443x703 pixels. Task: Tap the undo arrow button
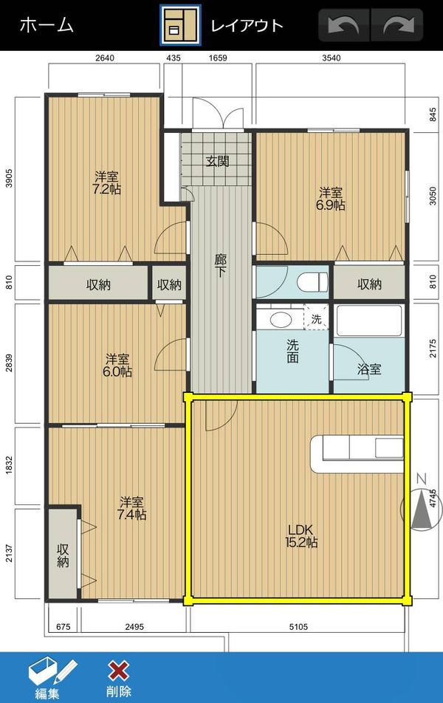(x=343, y=25)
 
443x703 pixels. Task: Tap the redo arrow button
(x=397, y=25)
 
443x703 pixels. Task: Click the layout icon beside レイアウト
(x=180, y=25)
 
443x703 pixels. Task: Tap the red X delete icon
(x=118, y=671)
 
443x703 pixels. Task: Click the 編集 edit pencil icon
(x=52, y=672)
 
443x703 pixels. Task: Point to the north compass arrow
(x=422, y=509)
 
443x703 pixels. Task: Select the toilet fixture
(x=312, y=282)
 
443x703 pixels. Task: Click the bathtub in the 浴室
(x=369, y=320)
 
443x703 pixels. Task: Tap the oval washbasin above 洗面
(x=281, y=320)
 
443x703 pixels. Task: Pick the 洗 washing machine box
(x=316, y=317)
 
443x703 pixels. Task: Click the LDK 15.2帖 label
(x=301, y=536)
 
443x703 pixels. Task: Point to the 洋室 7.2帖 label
(x=107, y=183)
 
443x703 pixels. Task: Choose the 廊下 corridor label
(x=220, y=265)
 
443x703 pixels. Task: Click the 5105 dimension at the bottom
(x=298, y=627)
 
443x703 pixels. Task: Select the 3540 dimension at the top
(x=331, y=58)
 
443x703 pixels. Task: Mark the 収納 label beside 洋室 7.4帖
(x=63, y=555)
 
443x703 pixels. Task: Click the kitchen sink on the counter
(x=389, y=448)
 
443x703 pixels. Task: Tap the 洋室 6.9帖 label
(x=332, y=199)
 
